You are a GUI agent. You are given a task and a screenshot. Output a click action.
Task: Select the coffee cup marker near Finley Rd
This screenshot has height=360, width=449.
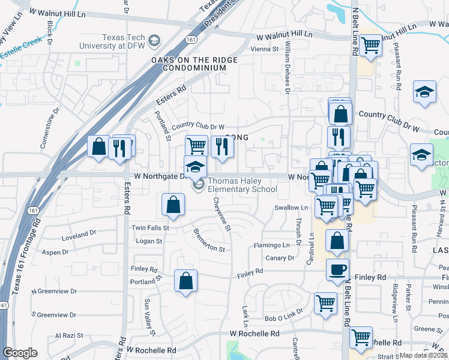click(337, 269)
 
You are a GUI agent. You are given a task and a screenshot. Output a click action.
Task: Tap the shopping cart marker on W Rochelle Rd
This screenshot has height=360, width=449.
click(361, 338)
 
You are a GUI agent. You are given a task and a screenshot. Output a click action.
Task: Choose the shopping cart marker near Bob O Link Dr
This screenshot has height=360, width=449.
click(325, 304)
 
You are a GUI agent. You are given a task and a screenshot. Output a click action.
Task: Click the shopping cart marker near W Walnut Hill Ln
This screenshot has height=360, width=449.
click(372, 44)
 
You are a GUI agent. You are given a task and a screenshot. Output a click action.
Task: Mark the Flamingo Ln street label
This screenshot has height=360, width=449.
click(271, 245)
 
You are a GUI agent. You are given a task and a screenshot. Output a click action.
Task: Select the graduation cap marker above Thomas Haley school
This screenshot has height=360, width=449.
click(194, 167)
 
